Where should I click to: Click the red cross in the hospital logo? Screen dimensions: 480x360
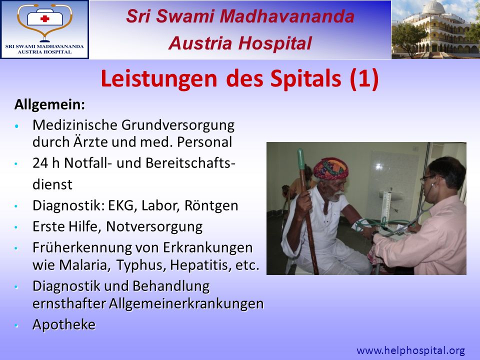tap(44, 18)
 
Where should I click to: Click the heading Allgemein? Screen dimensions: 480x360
tap(49, 104)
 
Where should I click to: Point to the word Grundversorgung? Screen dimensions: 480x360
tap(178, 125)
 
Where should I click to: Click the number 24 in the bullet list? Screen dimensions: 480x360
tap(40, 163)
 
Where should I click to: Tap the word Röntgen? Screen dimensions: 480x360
tap(211, 205)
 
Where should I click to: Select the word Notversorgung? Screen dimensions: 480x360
tap(154, 227)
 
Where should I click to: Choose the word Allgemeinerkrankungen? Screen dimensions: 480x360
tap(186, 304)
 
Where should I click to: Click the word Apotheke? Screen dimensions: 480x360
tap(64, 325)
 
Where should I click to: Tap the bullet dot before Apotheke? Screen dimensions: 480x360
tap(16, 325)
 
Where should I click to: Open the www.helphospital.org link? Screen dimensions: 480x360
tap(411, 350)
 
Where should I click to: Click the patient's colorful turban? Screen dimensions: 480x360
tap(331, 168)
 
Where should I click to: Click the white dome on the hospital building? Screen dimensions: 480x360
tap(434, 6)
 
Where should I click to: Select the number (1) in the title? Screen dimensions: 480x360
tap(364, 79)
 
